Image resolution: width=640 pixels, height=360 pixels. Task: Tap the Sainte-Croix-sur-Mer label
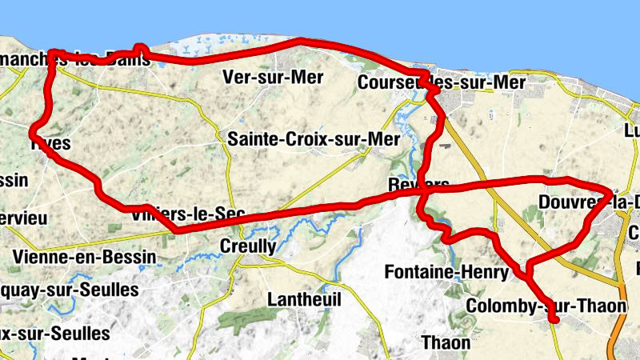click(313, 139)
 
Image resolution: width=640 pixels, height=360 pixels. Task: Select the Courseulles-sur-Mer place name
click(442, 82)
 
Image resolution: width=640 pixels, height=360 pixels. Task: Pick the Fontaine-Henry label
click(446, 272)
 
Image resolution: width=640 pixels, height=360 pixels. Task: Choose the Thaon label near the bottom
click(446, 342)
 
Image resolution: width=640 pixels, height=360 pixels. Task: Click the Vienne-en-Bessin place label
click(76, 258)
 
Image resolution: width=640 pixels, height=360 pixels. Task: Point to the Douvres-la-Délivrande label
click(589, 201)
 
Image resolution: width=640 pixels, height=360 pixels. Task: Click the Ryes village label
click(50, 144)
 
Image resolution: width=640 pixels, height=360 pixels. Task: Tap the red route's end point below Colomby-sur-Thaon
click(554, 321)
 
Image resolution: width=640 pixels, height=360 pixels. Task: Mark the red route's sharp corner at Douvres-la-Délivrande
click(610, 194)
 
